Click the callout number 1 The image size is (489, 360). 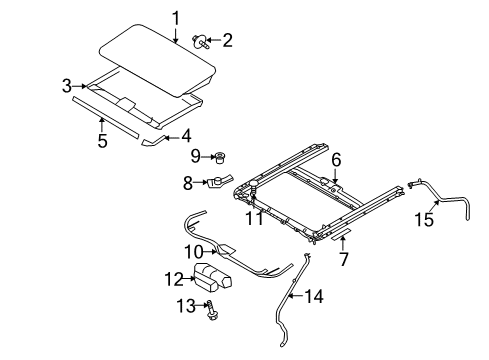(175, 17)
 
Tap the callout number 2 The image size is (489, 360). (228, 40)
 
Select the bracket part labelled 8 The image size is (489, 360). (219, 182)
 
